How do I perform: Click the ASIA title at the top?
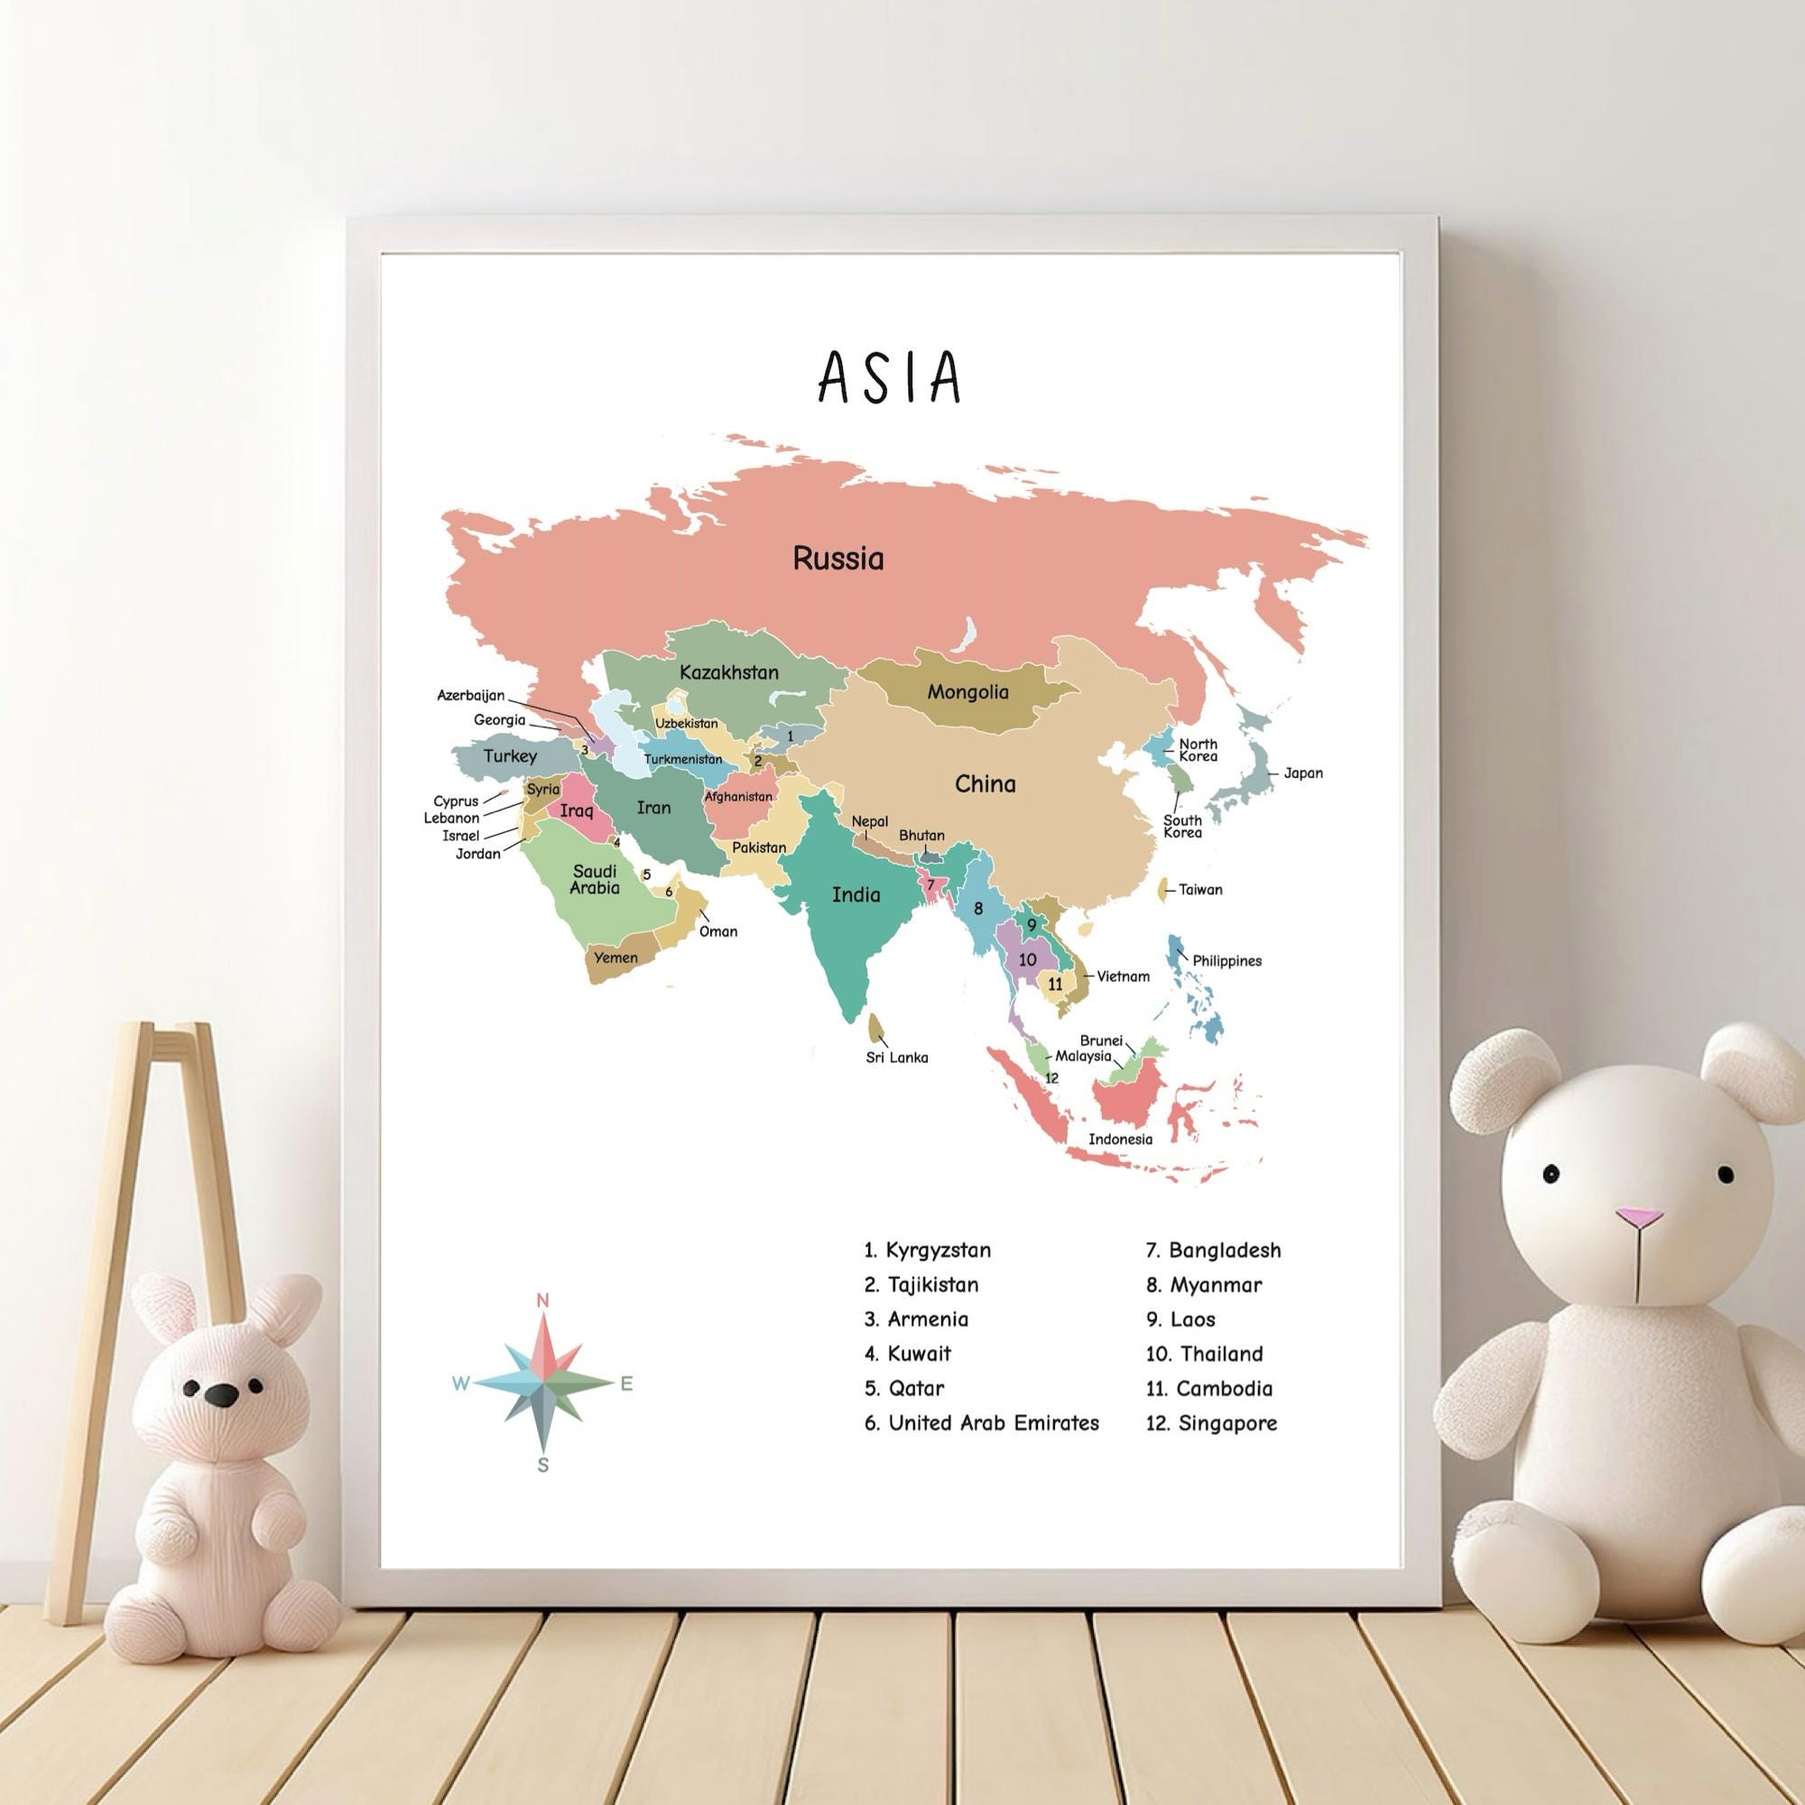(x=888, y=377)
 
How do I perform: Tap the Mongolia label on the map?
(x=967, y=692)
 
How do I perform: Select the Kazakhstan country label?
(x=728, y=671)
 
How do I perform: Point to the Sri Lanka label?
(x=896, y=1058)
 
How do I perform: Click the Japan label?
(x=1302, y=773)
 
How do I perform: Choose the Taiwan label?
(x=1199, y=890)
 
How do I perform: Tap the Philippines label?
(x=1226, y=960)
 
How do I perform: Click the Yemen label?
(x=616, y=958)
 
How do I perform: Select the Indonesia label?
(x=1120, y=1139)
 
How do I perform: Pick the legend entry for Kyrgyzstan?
(x=928, y=1250)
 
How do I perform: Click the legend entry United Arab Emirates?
(x=982, y=1423)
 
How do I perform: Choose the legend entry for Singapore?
(x=1212, y=1423)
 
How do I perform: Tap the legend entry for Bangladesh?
(x=1214, y=1250)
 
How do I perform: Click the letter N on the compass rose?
(x=541, y=1301)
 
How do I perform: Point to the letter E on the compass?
(x=626, y=1384)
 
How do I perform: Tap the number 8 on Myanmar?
(x=978, y=908)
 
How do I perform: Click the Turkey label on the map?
(x=510, y=755)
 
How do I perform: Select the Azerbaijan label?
(x=471, y=695)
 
